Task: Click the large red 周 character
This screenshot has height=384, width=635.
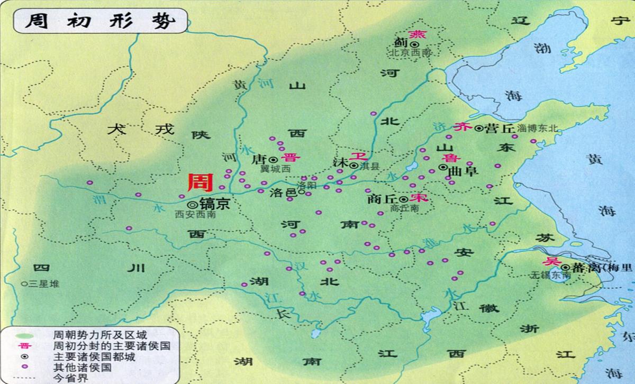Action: point(201,183)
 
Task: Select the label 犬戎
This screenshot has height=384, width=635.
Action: point(140,129)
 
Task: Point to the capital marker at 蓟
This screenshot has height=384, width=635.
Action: point(411,44)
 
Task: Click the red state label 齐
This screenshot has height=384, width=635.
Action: point(462,127)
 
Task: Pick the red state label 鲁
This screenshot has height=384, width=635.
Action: point(448,158)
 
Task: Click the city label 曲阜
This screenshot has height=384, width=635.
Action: point(462,170)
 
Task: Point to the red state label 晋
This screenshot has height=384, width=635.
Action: point(290,158)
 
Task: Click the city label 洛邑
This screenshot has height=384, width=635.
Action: point(283,193)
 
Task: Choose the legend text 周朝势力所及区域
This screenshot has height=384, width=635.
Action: point(100,335)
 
